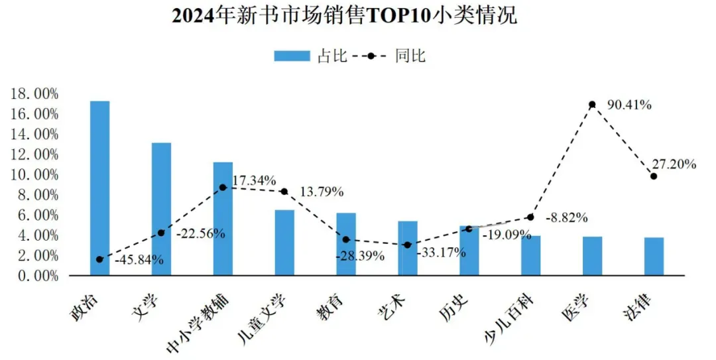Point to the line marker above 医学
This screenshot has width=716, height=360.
pyautogui.click(x=592, y=105)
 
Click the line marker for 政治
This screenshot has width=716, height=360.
pyautogui.click(x=99, y=259)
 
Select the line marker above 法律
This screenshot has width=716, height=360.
pyautogui.click(x=654, y=176)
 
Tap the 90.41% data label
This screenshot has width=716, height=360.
pyautogui.click(x=629, y=105)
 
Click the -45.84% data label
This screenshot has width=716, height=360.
pyautogui.click(x=139, y=260)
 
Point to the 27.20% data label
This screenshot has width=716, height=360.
pyautogui.click(x=674, y=164)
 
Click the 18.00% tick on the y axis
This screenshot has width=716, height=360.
pyautogui.click(x=34, y=94)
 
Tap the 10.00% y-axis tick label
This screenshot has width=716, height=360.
pyautogui.click(x=34, y=175)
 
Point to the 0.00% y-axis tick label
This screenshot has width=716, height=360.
pyautogui.click(x=38, y=276)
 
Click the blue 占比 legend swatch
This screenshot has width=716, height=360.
pyautogui.click(x=292, y=56)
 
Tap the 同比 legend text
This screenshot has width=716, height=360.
pyautogui.click(x=410, y=56)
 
